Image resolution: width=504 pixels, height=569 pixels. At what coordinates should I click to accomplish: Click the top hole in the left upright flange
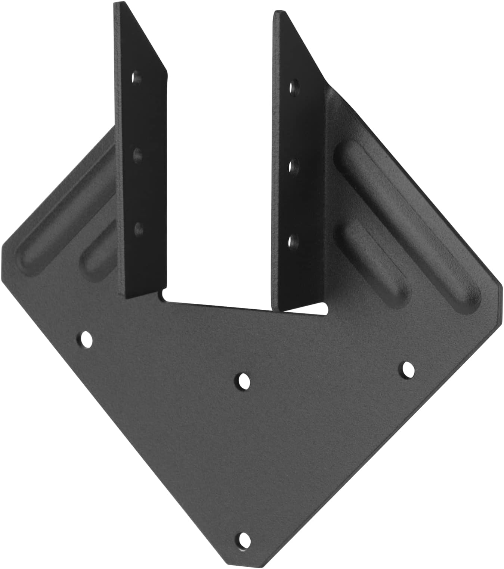pos(137,79)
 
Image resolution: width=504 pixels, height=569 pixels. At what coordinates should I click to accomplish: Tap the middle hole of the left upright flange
pos(138,153)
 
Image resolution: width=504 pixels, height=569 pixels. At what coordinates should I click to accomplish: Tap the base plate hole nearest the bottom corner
pos(244,539)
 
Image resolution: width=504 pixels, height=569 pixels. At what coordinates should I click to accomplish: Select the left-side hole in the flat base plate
pos(87,339)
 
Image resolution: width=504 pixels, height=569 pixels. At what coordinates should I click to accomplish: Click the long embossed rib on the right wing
pos(407,224)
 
